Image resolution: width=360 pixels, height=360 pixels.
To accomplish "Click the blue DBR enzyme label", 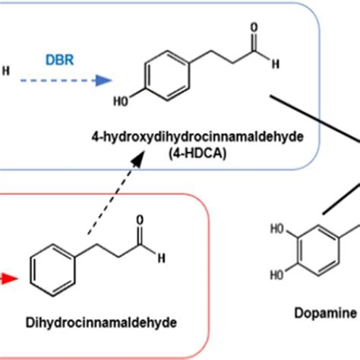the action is (x=60, y=60).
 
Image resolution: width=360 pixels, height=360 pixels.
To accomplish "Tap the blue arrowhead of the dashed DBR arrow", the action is (x=103, y=81).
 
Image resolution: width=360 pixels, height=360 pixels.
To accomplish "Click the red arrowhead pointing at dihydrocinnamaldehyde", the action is (x=11, y=279).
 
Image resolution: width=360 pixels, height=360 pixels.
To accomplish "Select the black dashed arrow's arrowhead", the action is (x=138, y=159).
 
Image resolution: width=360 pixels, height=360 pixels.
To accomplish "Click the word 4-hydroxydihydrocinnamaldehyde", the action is (x=197, y=137).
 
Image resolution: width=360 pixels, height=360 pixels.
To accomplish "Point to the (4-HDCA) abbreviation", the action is (x=197, y=153).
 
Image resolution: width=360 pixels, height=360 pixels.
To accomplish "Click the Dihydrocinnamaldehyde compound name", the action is (x=101, y=323).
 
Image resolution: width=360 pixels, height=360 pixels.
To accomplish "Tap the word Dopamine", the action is (x=326, y=313).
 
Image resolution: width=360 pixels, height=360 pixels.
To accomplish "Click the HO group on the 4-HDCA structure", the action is (x=121, y=102).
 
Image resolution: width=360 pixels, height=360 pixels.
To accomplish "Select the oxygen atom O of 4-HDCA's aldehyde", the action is (x=254, y=27).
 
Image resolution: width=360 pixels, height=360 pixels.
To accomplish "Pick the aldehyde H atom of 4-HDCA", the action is (x=276, y=64).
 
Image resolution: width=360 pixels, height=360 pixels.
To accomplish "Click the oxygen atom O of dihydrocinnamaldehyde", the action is (x=140, y=220).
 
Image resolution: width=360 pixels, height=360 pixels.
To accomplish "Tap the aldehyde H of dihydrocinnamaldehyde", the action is (x=162, y=258).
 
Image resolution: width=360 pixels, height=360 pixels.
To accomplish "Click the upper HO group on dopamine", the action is (x=278, y=229).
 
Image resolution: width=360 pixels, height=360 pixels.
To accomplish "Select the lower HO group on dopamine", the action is (x=277, y=275).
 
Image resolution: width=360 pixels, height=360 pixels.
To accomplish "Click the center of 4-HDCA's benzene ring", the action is (x=168, y=76).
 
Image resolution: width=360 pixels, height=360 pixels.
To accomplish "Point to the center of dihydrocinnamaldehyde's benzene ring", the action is (x=52, y=270).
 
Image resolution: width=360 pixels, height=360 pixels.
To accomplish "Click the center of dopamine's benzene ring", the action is (x=318, y=251).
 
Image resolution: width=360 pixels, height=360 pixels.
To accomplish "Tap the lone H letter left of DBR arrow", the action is (x=6, y=71).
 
